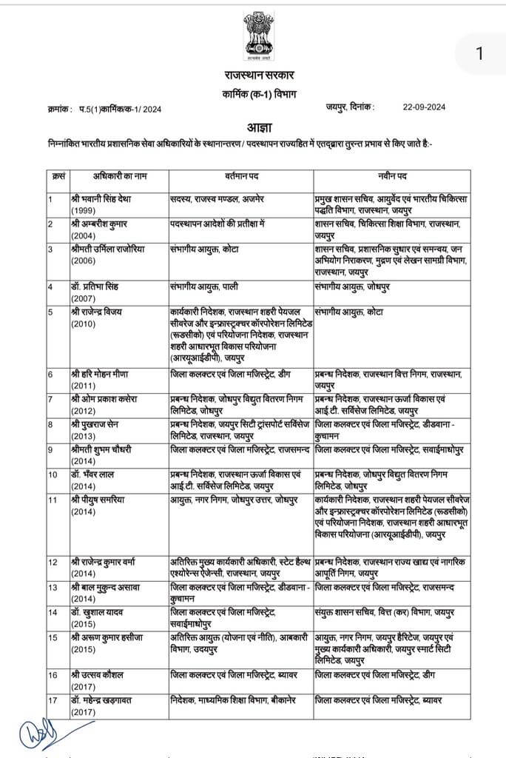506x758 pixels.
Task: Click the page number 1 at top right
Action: (x=479, y=53)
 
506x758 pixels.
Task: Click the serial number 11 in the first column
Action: (x=53, y=499)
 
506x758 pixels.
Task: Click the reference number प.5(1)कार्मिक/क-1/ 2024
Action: (x=121, y=109)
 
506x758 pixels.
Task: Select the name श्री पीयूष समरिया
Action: (x=101, y=499)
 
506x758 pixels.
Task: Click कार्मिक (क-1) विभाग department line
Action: (x=259, y=93)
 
